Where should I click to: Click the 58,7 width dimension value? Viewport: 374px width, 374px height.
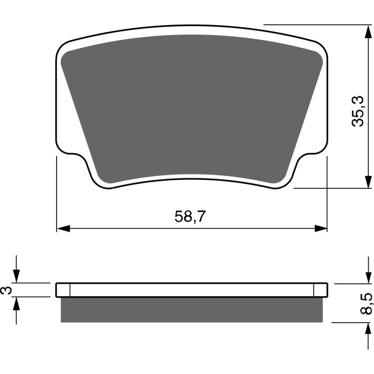[x=191, y=216]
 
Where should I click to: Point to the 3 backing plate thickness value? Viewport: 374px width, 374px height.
[x=6, y=290]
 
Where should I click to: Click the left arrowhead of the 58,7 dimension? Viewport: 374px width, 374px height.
[x=63, y=229]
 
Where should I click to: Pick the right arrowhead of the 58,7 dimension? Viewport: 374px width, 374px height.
[x=321, y=229]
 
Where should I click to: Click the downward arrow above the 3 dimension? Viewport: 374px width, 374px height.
[x=16, y=277]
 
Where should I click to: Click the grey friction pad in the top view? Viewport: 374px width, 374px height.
[x=192, y=108]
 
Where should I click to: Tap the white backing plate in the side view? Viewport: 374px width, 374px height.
[x=192, y=290]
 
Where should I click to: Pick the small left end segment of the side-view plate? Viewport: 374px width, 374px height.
[x=63, y=290]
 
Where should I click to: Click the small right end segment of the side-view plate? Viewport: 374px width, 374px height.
[x=320, y=290]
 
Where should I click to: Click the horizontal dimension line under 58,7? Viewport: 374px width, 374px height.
[x=140, y=229]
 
